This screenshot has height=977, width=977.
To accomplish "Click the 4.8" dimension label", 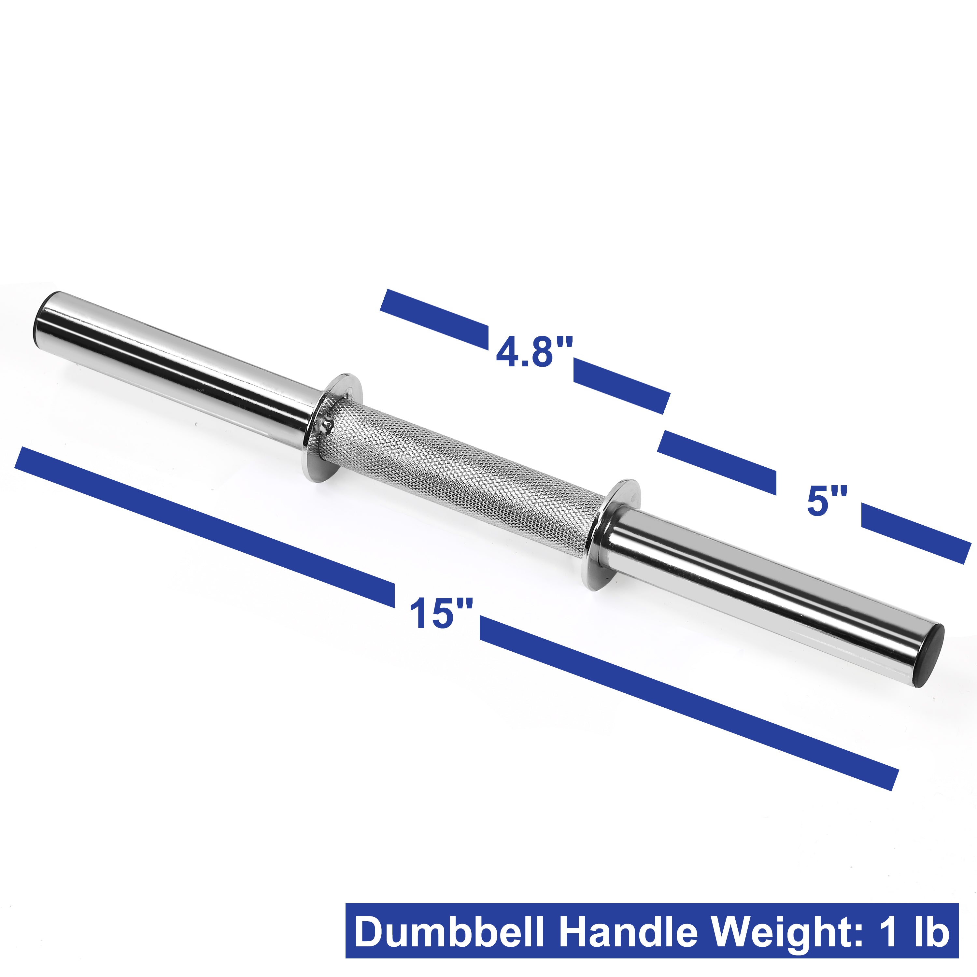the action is [x=534, y=352].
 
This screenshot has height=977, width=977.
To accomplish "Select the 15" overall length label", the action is [x=440, y=614].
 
